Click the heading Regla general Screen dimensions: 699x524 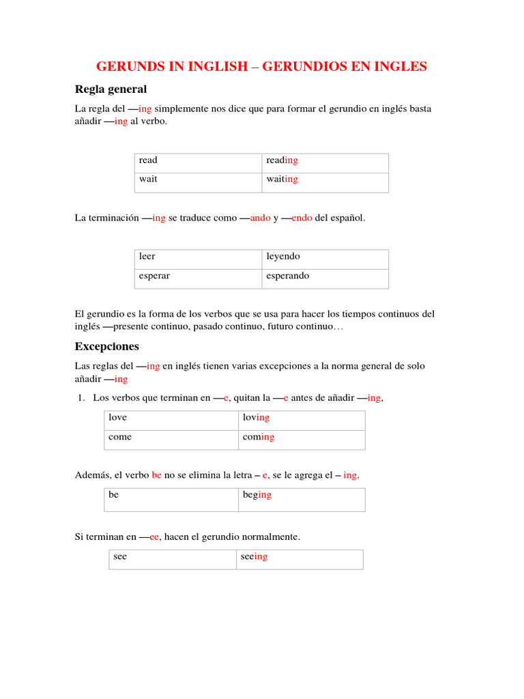click(x=111, y=89)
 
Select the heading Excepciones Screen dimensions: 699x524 click(x=106, y=346)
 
